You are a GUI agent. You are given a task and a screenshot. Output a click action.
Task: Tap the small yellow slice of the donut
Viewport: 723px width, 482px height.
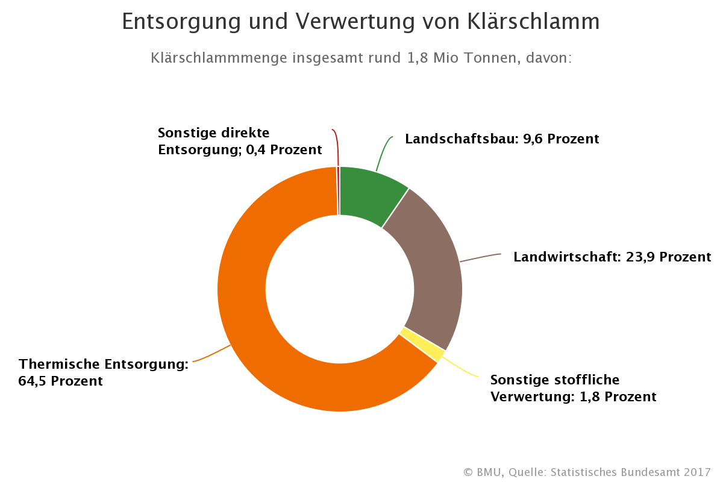[x=421, y=343]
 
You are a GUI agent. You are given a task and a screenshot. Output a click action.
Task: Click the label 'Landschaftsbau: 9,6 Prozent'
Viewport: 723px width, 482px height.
[x=502, y=139]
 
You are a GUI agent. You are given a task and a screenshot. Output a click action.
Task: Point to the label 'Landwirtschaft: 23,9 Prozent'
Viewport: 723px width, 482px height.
[x=612, y=257]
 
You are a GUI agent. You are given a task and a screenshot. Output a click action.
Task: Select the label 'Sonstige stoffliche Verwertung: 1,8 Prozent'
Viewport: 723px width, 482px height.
[x=572, y=389]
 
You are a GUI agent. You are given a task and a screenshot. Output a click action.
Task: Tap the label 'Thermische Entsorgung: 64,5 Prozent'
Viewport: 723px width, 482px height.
[x=103, y=373]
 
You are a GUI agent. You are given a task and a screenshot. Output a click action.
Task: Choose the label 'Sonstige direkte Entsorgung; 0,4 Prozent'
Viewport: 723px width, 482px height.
[x=239, y=141]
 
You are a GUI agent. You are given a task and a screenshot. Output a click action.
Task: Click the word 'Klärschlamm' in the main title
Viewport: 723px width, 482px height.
[x=533, y=22]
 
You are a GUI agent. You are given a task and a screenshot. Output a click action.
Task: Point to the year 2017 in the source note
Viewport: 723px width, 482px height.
[x=697, y=472]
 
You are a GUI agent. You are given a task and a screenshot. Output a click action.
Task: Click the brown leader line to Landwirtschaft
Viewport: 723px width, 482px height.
[x=480, y=258]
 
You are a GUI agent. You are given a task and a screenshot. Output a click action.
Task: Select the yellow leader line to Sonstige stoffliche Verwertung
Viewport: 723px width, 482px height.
[x=461, y=368]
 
